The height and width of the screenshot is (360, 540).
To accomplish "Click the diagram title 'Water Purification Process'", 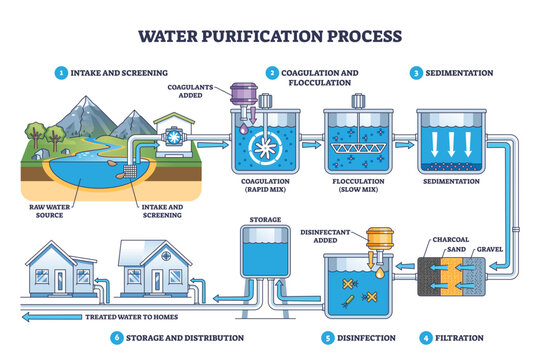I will pos(270,36).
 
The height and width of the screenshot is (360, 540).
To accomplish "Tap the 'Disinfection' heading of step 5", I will pos(359,337).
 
